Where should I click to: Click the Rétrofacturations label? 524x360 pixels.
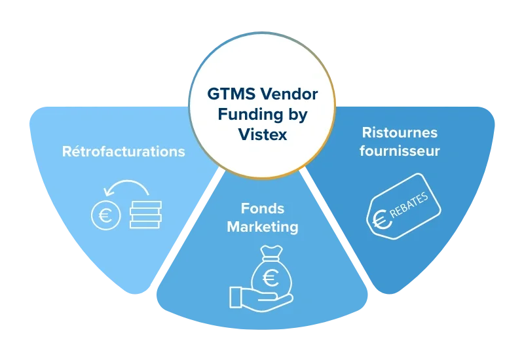click(x=124, y=152)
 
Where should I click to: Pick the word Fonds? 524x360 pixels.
click(x=262, y=208)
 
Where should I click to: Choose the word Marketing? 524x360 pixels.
click(x=262, y=227)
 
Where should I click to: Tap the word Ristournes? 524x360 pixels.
click(x=400, y=133)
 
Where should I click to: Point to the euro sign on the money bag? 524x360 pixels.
click(x=269, y=278)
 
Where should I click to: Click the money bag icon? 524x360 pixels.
click(x=269, y=272)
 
